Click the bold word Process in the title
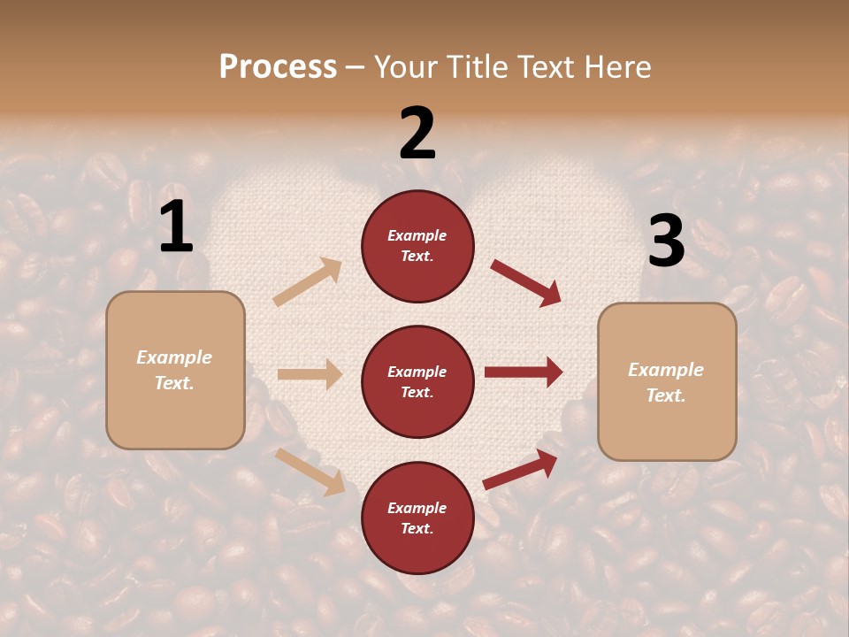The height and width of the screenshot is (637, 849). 278,67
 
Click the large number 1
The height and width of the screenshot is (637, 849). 176,227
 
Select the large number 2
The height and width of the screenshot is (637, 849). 417,134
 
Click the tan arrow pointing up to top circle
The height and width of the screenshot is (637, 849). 308,282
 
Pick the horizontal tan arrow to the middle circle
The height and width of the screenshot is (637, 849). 310,374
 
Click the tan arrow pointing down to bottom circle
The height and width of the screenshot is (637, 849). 310,471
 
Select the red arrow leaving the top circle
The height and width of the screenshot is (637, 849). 525,282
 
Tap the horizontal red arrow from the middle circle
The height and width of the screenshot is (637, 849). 524,372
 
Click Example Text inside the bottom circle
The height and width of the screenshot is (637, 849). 417,518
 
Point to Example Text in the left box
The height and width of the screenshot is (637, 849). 174,370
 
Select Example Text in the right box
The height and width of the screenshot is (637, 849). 666,382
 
